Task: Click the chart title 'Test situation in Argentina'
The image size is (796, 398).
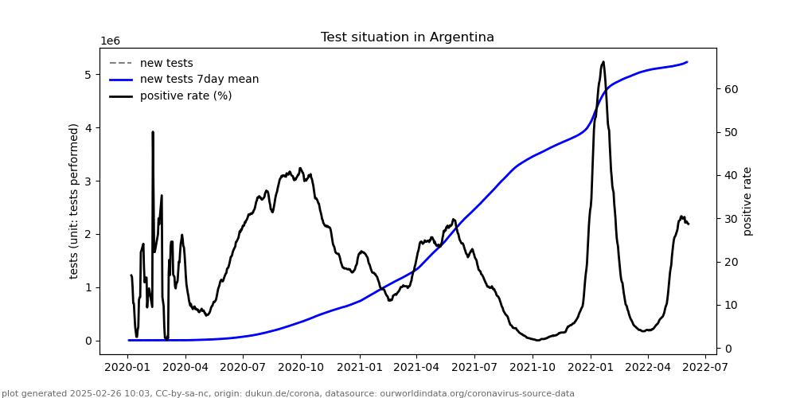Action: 407,37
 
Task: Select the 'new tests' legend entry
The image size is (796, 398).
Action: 166,64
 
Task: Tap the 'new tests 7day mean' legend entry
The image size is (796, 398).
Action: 199,80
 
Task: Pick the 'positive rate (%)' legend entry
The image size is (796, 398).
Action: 185,96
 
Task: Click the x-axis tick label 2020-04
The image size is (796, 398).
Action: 186,367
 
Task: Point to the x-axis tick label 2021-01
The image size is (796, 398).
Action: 360,367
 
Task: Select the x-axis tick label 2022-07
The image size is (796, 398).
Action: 705,367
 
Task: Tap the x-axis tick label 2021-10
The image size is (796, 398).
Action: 532,367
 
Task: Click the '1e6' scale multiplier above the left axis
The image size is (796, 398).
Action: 110,41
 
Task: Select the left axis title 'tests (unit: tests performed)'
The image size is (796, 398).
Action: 74,201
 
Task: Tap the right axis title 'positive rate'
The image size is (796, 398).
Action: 747,201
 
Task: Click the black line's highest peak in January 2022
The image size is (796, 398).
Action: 603,62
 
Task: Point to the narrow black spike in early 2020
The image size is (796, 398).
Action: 153,133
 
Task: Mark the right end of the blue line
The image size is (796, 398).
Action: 687,62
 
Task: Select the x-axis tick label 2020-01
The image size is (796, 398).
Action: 129,367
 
